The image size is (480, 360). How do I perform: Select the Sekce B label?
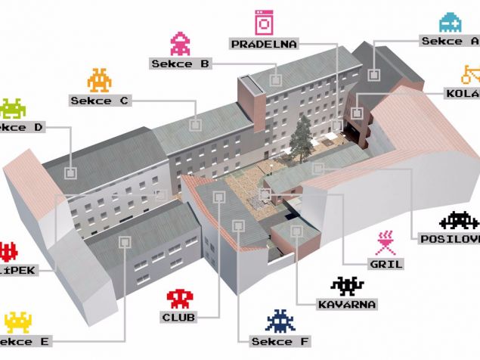pyautogui.click(x=180, y=64)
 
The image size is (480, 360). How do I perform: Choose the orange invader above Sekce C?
pyautogui.click(x=100, y=79)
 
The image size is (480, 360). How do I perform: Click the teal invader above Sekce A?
pyautogui.click(x=451, y=22)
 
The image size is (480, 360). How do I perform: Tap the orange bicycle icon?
pyautogui.click(x=470, y=74)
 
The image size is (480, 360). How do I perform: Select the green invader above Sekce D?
pyautogui.click(x=12, y=108)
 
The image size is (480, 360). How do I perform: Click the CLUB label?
pyautogui.click(x=179, y=317)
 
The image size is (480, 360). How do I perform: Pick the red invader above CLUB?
pyautogui.click(x=180, y=297)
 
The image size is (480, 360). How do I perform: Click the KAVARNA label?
pyautogui.click(x=348, y=304)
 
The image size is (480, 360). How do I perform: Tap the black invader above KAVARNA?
pyautogui.click(x=348, y=285)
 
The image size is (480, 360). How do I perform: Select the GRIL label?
pyautogui.click(x=385, y=264)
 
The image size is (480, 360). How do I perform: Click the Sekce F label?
pyautogui.click(x=280, y=341)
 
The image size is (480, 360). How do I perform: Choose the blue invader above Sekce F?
pyautogui.click(x=280, y=320)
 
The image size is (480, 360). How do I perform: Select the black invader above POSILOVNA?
pyautogui.click(x=458, y=220)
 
